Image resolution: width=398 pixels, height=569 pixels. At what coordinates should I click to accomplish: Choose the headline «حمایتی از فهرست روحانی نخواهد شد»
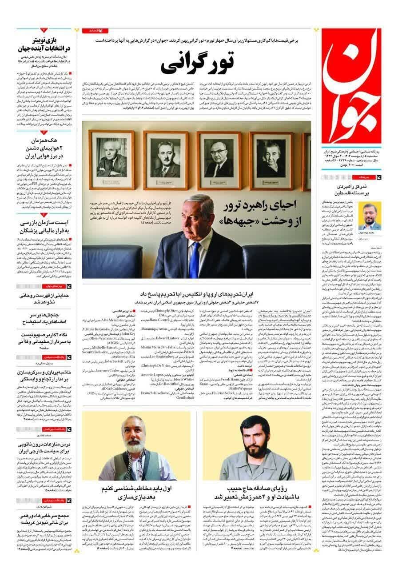42,298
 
